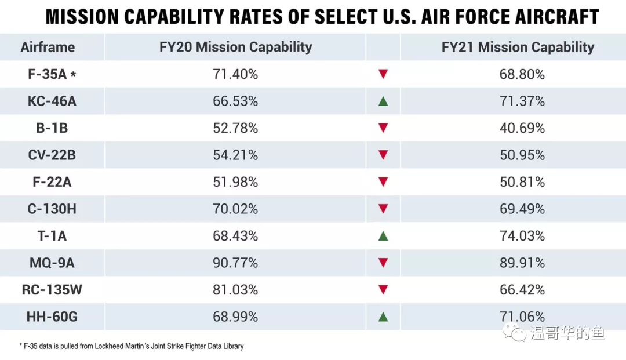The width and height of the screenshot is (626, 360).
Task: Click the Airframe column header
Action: [x=48, y=47]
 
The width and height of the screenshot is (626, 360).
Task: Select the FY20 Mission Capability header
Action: [x=235, y=47]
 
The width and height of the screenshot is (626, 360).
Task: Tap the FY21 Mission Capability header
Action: [x=518, y=47]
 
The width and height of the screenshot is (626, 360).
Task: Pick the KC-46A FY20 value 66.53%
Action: [x=235, y=101]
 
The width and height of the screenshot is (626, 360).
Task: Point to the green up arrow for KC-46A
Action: [x=383, y=101]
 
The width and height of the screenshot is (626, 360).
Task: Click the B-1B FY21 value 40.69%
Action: [x=522, y=128]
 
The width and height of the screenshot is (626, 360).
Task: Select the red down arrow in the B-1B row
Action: [x=383, y=128]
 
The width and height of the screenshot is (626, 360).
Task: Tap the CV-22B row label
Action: [x=52, y=155]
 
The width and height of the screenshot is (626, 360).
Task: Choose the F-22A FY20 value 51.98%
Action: [x=235, y=182]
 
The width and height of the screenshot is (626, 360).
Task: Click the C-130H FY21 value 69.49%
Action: [x=522, y=209]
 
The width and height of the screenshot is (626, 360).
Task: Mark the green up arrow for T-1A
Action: [x=383, y=236]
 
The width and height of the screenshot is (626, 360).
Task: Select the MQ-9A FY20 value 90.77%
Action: [x=235, y=263]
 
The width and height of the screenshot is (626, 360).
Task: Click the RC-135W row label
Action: [x=52, y=289]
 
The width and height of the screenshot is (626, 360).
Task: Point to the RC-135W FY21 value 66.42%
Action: [x=522, y=289]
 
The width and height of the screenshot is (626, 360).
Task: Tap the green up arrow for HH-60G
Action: [x=383, y=317]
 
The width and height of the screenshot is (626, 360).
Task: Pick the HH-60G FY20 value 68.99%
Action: [x=235, y=317]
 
